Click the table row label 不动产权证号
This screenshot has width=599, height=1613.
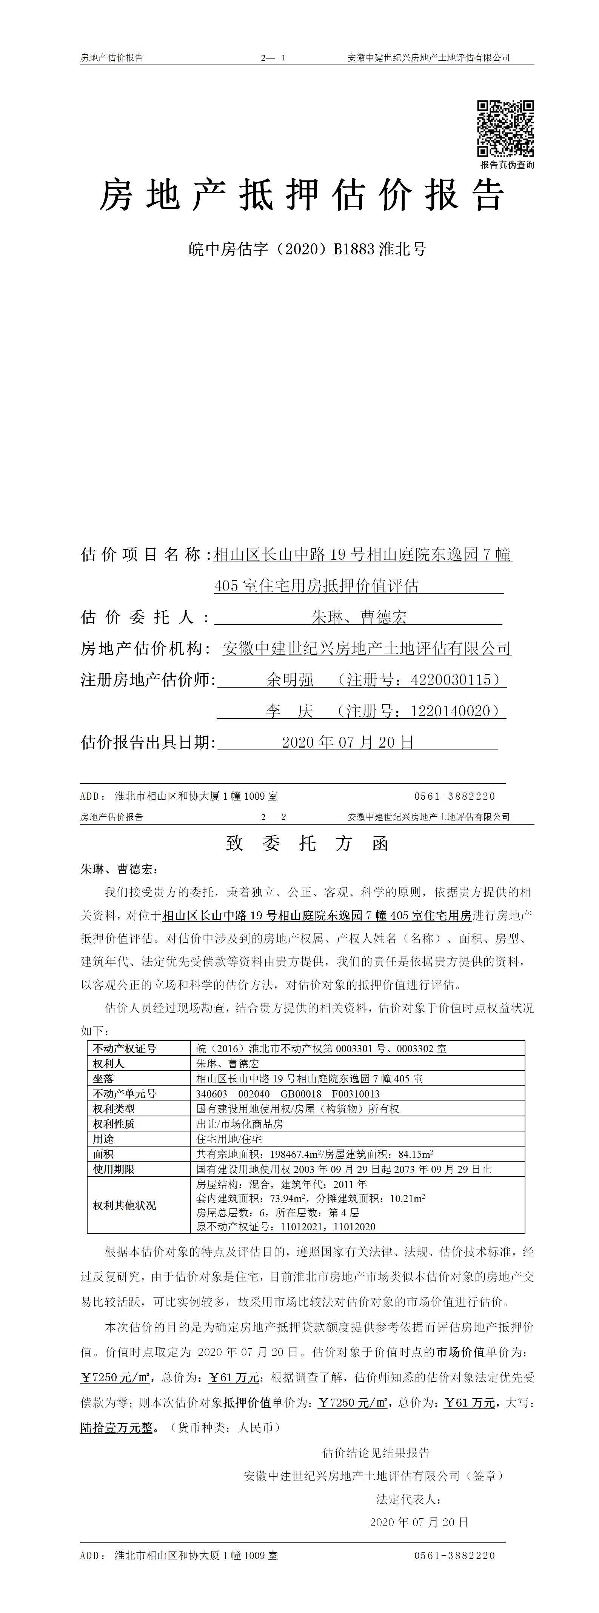tap(125, 1048)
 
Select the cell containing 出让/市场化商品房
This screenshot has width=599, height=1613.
tap(240, 1124)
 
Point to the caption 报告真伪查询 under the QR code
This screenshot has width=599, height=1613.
tap(507, 165)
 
